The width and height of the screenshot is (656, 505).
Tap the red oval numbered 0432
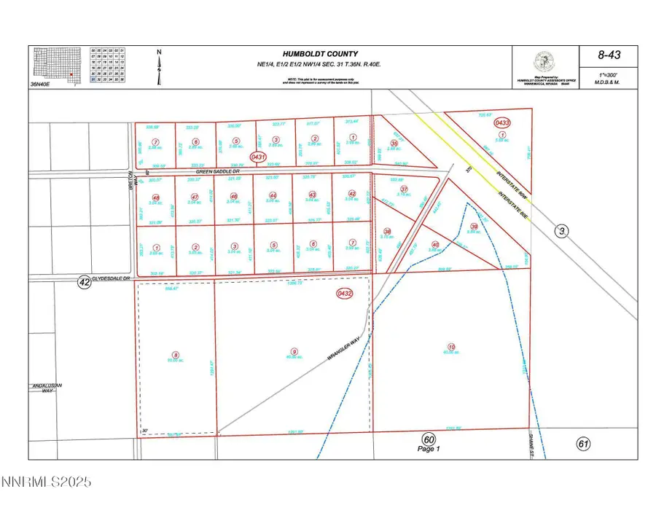click(345, 294)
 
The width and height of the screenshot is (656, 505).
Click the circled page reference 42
click(85, 283)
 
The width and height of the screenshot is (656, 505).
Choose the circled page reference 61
click(582, 442)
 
